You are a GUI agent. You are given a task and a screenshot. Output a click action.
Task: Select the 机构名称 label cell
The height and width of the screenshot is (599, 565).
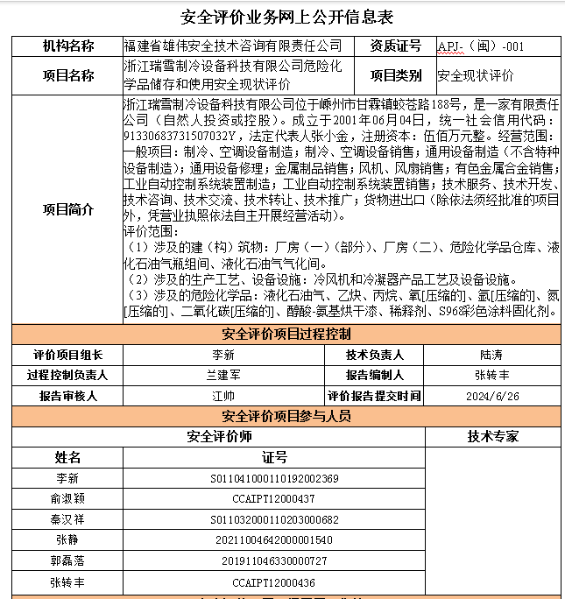pos(67,46)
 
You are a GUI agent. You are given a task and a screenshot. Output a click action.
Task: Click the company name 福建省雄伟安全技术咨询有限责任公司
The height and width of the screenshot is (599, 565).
pos(233,46)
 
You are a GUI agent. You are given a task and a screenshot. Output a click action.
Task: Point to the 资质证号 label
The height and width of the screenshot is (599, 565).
pos(395,46)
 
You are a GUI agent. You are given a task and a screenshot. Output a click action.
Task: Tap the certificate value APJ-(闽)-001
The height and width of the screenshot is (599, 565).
pos(481,46)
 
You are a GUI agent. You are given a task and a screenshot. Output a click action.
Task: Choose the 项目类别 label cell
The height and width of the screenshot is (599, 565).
pos(395,75)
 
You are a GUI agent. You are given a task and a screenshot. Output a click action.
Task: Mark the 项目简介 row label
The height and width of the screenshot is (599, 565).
pos(67,209)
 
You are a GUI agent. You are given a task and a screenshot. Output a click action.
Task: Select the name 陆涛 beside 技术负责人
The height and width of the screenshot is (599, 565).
pos(491,355)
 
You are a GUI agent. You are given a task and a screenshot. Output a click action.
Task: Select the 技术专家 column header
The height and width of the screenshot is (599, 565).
pos(492,435)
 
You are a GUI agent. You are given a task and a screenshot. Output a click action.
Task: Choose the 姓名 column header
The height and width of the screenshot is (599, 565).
pos(67,457)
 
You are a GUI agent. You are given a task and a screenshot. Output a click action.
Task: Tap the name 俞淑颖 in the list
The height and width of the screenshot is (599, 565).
pos(67,499)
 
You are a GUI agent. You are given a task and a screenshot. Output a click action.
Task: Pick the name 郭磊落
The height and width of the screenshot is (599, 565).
pos(67,560)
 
